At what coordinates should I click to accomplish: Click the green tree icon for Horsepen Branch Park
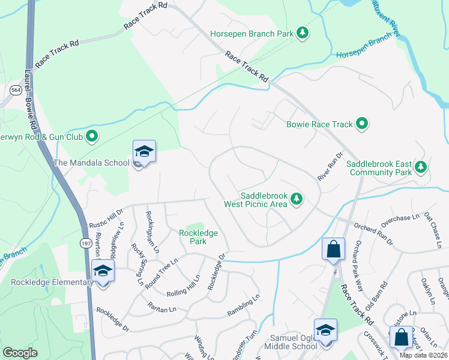tap(304, 33)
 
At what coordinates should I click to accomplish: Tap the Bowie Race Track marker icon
tap(362, 124)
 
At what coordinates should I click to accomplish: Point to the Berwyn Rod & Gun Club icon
tap(92, 137)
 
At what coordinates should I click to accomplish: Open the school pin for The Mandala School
tap(144, 152)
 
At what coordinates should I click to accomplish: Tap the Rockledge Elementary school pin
tap(103, 272)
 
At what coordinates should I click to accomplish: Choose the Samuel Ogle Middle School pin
tap(325, 331)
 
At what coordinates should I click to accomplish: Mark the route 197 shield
tap(86, 241)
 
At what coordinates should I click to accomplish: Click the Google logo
tap(20, 352)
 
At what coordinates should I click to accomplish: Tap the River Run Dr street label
tap(330, 164)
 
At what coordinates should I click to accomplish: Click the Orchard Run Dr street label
tap(373, 235)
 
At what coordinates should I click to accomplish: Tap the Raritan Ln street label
tap(162, 307)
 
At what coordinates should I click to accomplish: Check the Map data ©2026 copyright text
tap(424, 355)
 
